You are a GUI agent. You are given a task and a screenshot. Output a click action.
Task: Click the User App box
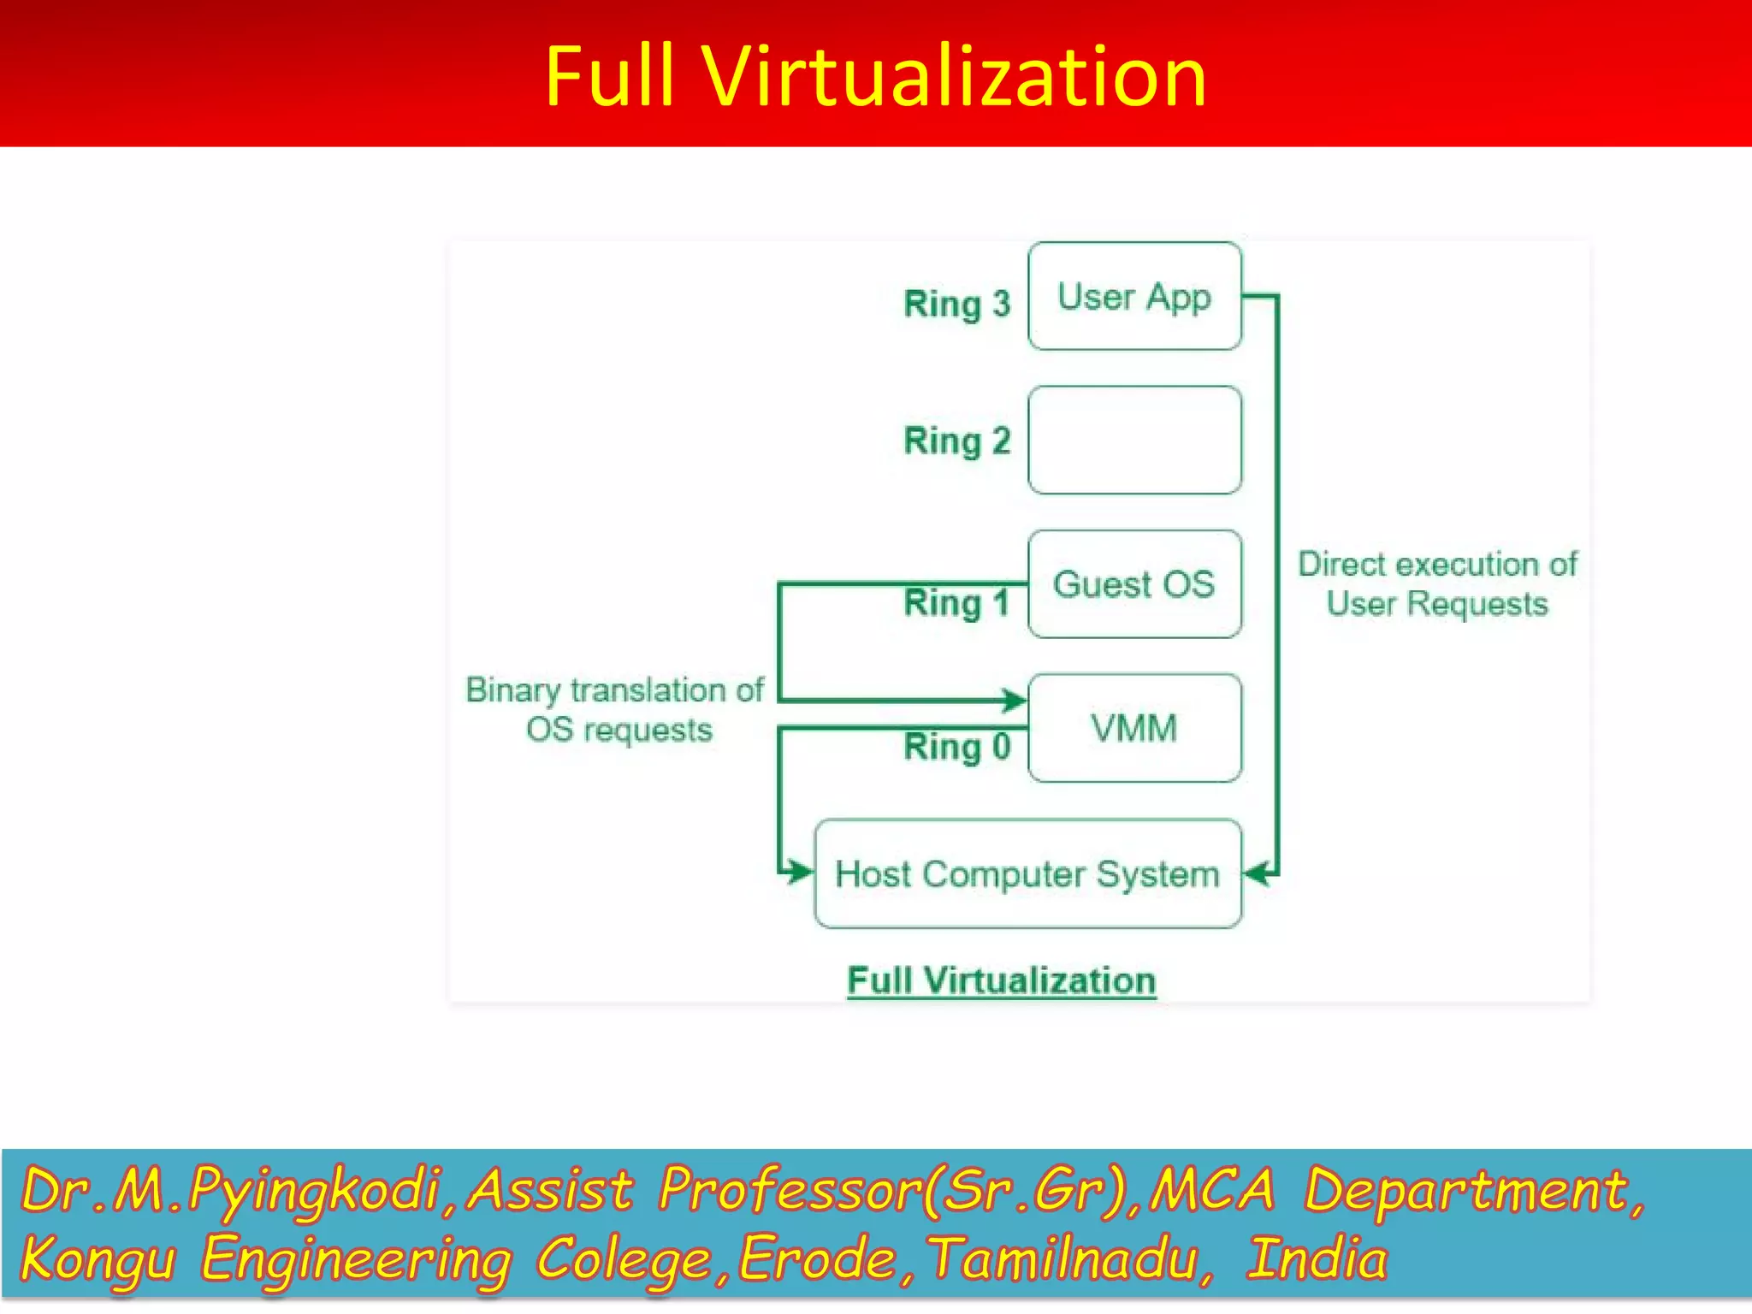tap(1134, 296)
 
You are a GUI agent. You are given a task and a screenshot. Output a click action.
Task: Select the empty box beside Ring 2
tap(1134, 440)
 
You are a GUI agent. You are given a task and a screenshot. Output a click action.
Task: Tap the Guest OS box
tap(1134, 584)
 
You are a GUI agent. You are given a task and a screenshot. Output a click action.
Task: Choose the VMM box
tap(1134, 728)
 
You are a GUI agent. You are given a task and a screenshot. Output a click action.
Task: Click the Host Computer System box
tap(1027, 873)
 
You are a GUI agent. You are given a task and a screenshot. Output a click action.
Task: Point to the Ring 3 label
tap(956, 305)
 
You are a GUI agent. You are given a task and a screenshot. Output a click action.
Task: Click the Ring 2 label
tap(956, 441)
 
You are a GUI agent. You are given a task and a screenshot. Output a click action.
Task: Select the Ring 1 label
tap(956, 603)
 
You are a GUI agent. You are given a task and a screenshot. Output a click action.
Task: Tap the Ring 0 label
tap(956, 747)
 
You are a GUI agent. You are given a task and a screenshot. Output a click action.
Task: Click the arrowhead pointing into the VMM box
tap(1015, 701)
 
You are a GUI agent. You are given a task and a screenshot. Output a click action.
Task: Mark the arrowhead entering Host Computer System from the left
tap(801, 872)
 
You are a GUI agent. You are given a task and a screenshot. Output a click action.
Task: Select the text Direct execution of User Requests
tap(1437, 583)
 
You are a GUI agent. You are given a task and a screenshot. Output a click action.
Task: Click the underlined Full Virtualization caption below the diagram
tap(1001, 980)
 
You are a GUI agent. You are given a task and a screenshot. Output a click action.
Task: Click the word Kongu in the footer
tap(98, 1259)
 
